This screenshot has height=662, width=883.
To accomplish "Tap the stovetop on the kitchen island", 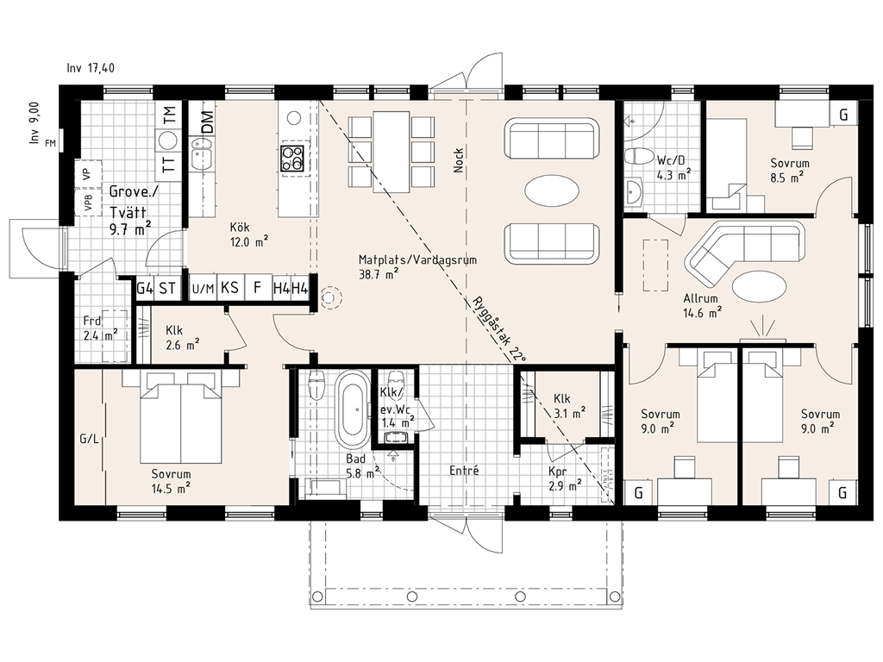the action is (x=293, y=159).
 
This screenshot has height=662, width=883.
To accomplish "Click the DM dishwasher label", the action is (x=207, y=122).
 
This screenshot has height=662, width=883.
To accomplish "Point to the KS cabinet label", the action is (x=229, y=288).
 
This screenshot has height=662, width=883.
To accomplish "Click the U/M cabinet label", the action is (x=203, y=289).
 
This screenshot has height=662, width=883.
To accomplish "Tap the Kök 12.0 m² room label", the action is (x=248, y=234).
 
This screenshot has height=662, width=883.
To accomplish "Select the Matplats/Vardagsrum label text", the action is (x=418, y=260).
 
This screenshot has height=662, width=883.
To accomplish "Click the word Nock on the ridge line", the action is (x=459, y=159).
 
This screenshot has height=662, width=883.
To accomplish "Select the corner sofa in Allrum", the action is (x=742, y=252).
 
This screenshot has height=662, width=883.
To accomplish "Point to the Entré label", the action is (x=464, y=470).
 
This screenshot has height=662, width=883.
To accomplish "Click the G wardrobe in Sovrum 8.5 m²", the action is (x=843, y=115).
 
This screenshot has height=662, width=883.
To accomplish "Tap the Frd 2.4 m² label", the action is (x=100, y=328).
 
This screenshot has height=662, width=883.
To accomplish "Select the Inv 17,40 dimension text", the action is (x=91, y=68).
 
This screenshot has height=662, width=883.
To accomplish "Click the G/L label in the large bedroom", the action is (x=89, y=439).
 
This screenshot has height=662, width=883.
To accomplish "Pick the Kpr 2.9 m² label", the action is (x=565, y=478).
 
